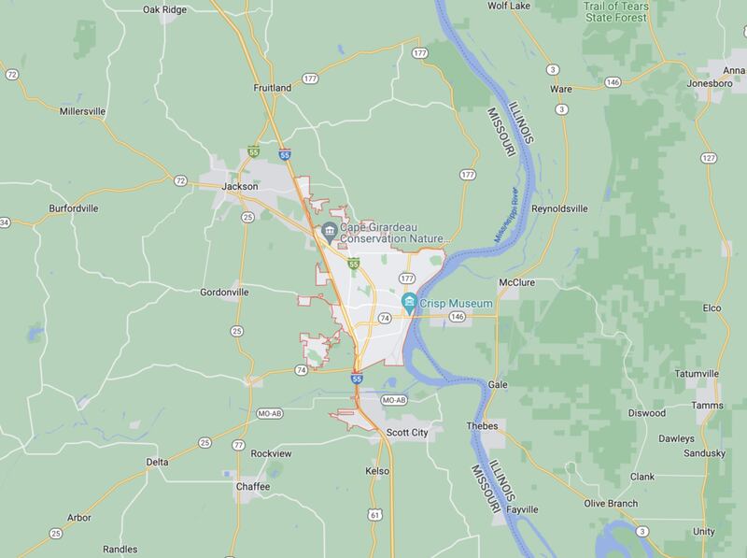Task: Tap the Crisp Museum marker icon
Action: [x=409, y=302]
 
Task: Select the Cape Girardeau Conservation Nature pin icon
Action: [x=329, y=231]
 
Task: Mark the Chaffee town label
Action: [x=253, y=487]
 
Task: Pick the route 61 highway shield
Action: [x=374, y=514]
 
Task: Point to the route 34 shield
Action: [x=4, y=222]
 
